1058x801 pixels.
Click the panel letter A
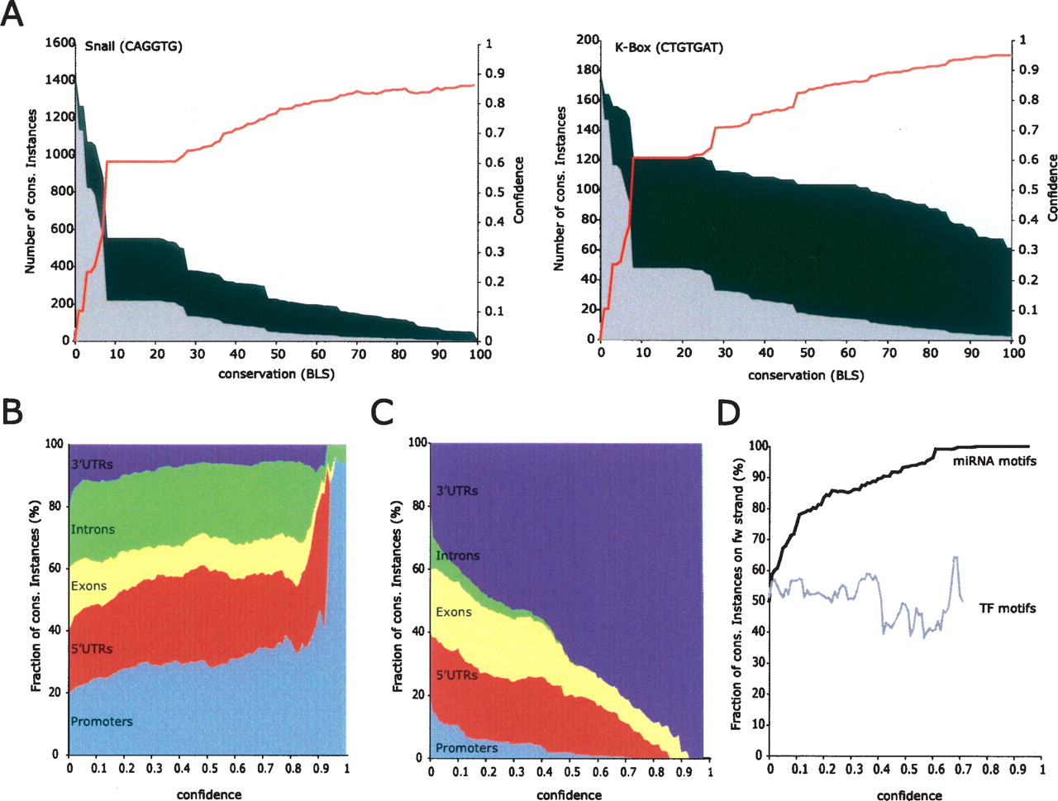12,14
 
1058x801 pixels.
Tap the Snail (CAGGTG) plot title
133,46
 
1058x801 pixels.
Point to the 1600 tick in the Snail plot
60,42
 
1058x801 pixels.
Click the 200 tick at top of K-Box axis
587,41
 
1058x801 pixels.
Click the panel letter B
12,411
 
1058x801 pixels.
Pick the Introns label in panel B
93,529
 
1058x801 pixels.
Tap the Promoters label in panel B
102,722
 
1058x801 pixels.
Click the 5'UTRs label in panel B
91,649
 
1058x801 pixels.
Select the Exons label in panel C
454,613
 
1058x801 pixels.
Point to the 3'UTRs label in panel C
457,491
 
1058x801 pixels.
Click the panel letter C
382,411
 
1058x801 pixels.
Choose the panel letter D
727,411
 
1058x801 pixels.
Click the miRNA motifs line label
994,461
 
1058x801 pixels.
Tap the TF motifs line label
1007,608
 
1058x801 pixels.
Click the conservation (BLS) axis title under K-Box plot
806,375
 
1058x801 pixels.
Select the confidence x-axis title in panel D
909,795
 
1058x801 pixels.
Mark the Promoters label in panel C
466,748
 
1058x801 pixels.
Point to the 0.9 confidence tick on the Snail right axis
495,74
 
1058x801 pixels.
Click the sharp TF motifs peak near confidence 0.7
956,557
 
